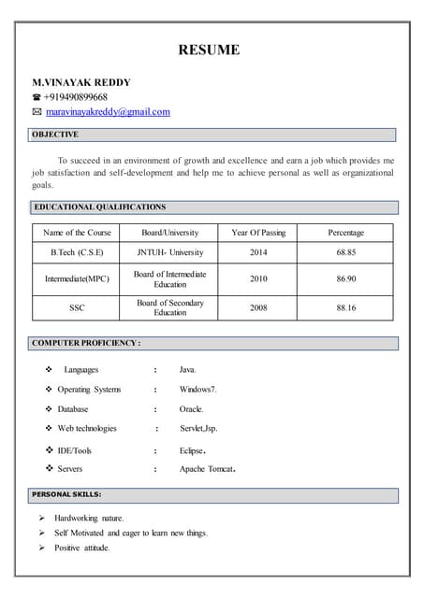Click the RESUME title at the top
pyautogui.click(x=210, y=50)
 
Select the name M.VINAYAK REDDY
pyautogui.click(x=81, y=82)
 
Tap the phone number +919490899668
pyautogui.click(x=76, y=97)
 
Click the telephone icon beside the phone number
pyautogui.click(x=37, y=97)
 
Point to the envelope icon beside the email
pyautogui.click(x=37, y=112)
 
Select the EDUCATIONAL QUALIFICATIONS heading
pyautogui.click(x=99, y=207)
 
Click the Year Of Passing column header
pyautogui.click(x=258, y=233)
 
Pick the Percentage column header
pyautogui.click(x=346, y=233)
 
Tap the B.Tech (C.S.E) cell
pyautogui.click(x=77, y=252)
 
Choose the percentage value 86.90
pyautogui.click(x=346, y=278)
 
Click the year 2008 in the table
pyautogui.click(x=258, y=307)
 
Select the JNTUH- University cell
pyautogui.click(x=169, y=252)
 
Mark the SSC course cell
pyautogui.click(x=77, y=307)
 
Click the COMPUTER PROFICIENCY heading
pyautogui.click(x=86, y=344)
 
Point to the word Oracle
pyautogui.click(x=191, y=409)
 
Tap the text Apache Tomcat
pyautogui.click(x=206, y=469)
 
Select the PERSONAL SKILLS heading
pyautogui.click(x=66, y=494)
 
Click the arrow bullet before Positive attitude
pyautogui.click(x=42, y=548)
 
